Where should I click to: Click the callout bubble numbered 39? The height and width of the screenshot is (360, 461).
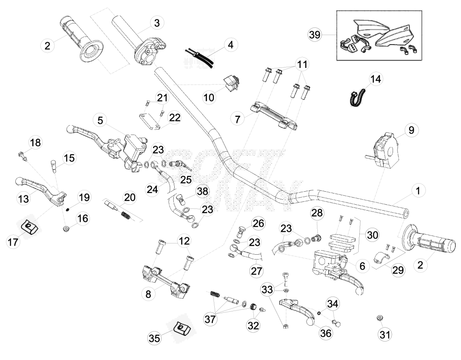click(x=315, y=35)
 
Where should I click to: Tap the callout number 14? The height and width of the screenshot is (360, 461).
click(x=376, y=79)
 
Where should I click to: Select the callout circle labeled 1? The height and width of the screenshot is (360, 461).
click(x=418, y=191)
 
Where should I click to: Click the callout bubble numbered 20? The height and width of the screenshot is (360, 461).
click(x=129, y=198)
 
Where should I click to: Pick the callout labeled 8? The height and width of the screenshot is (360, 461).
click(x=149, y=294)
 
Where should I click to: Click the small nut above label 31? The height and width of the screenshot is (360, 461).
click(x=380, y=318)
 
